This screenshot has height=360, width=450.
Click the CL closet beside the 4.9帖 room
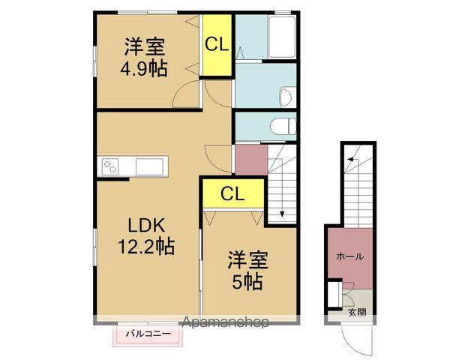tap(217, 45)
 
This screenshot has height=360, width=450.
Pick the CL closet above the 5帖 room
tap(232, 193)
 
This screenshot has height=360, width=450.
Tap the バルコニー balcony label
tap(148, 333)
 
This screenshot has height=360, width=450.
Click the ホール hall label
tap(349, 256)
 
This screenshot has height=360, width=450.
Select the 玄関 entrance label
tap(356, 313)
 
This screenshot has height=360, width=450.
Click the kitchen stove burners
tap(111, 166)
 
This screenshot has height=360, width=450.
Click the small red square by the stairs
tap(250, 159)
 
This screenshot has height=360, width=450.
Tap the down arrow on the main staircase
tap(281, 213)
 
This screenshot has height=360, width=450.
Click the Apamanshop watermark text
tap(225, 323)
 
